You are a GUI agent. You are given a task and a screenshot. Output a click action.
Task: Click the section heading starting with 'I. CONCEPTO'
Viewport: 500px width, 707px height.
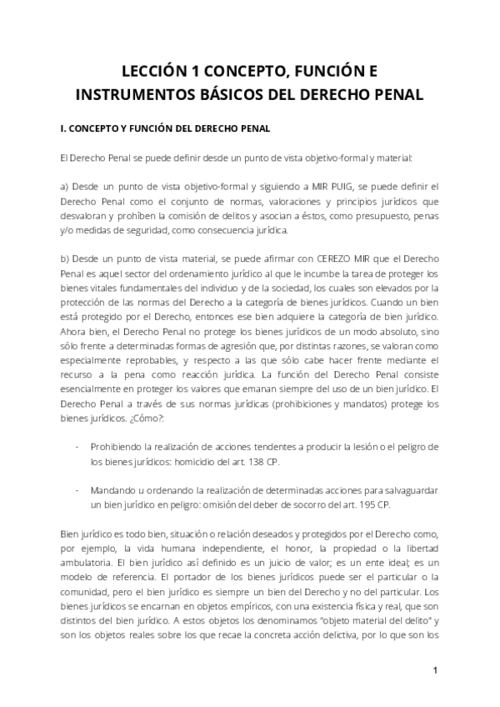click(159, 130)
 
